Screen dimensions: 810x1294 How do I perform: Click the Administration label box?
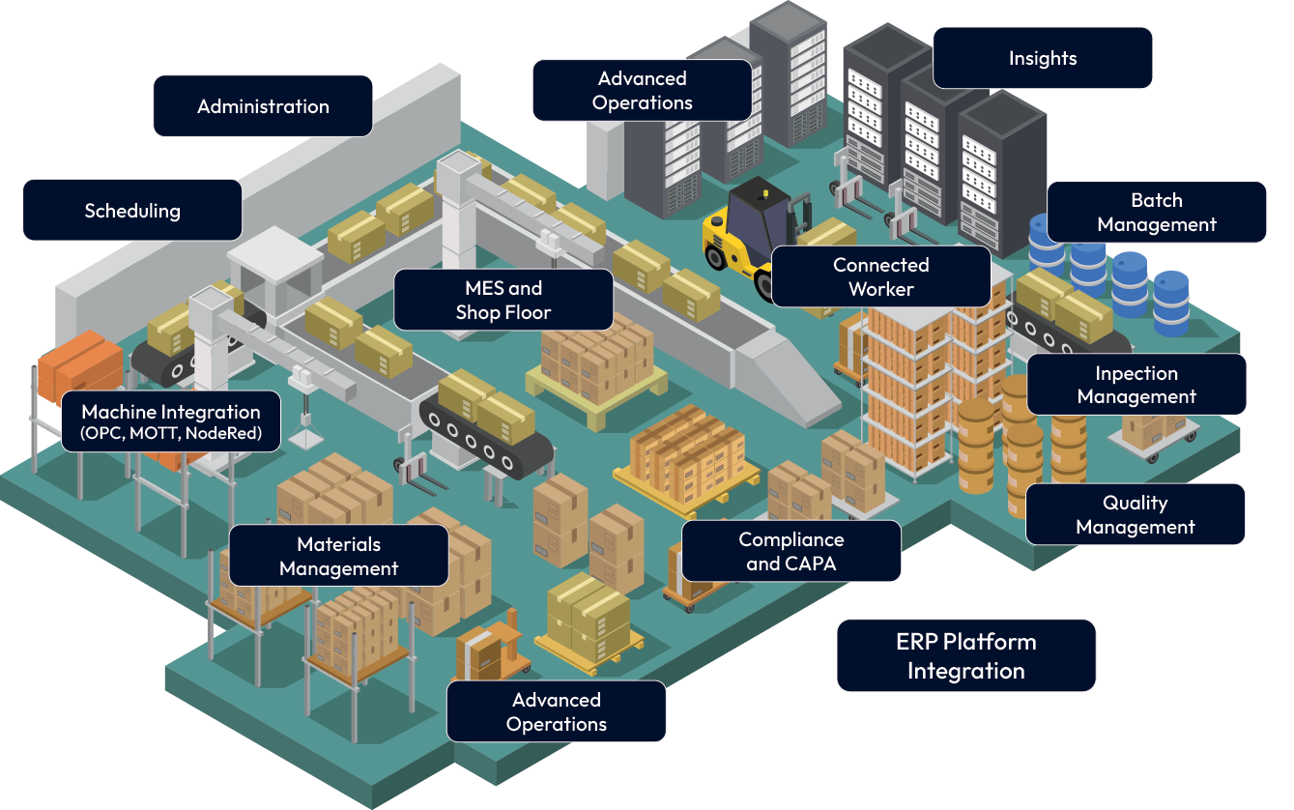tap(263, 106)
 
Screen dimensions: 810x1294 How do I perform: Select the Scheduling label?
tap(132, 211)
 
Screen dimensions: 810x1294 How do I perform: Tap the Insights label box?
tap(1042, 58)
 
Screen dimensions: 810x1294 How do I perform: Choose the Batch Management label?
tap(1156, 213)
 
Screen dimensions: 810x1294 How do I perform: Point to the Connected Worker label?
tap(880, 276)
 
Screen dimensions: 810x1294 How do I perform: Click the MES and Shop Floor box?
tap(503, 300)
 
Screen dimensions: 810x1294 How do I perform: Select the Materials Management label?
tap(338, 557)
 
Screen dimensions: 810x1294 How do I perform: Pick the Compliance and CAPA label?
tap(791, 552)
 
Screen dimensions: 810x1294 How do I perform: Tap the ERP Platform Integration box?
tap(965, 656)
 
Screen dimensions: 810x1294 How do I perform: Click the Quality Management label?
tap(1135, 515)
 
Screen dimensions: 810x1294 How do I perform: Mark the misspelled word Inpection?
tap(1136, 374)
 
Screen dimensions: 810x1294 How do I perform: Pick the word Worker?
tap(880, 289)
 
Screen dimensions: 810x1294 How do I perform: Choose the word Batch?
tap(1156, 201)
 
